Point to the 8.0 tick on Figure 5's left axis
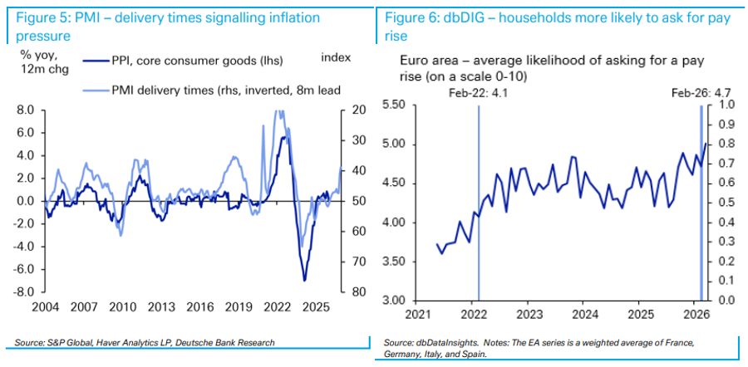(x=25, y=110)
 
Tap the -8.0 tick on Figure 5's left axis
(x=23, y=292)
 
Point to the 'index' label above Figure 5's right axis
(x=336, y=57)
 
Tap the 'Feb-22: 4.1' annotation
(x=478, y=94)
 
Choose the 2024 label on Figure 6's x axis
(x=586, y=316)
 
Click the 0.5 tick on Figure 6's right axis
(x=727, y=203)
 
